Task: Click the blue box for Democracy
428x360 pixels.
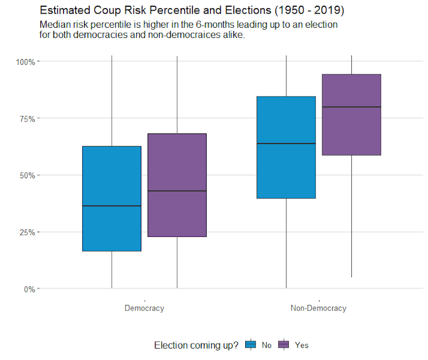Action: click(112, 170)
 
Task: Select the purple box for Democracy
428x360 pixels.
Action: click(177, 159)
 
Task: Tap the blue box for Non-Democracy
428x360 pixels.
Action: click(286, 170)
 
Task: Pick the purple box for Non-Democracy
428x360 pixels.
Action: click(351, 131)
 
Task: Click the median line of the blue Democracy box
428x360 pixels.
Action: click(112, 206)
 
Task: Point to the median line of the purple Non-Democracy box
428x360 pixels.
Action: click(351, 107)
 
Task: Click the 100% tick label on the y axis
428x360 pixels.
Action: click(25, 61)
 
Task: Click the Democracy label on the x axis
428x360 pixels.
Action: click(144, 308)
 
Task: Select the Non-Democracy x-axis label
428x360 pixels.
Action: click(318, 308)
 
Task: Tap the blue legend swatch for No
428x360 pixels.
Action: click(250, 345)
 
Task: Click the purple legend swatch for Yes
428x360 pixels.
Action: click(283, 345)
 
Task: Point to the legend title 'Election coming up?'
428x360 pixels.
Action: click(196, 345)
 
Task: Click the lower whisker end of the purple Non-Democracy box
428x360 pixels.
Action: click(351, 277)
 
